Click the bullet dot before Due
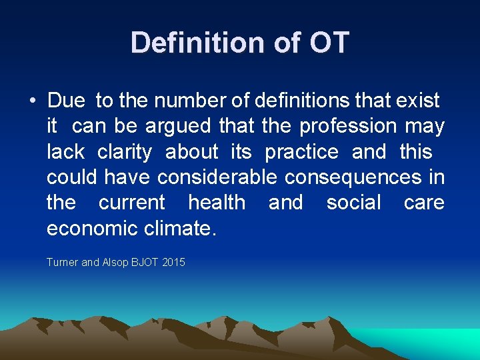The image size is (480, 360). point(32,101)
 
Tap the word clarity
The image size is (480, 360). point(125,152)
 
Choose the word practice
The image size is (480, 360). point(301,152)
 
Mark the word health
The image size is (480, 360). point(217,202)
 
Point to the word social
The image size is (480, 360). point(353,202)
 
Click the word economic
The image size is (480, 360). point(92,228)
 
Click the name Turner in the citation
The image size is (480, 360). point(62,263)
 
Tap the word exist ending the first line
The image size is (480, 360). point(418,101)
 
